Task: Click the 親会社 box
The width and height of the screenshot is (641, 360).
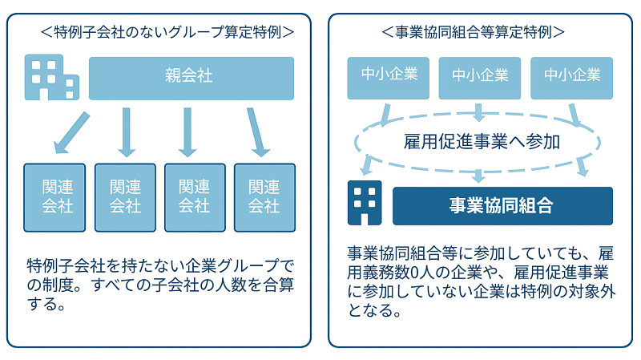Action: coord(191,78)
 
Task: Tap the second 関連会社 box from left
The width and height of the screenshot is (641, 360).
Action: coord(125,197)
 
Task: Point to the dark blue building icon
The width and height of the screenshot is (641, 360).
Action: coord(364,204)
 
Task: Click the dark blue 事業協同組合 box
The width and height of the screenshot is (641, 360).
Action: coord(502,205)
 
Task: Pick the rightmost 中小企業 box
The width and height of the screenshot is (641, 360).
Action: coord(571,76)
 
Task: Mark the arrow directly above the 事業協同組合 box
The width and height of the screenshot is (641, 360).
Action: coord(479,175)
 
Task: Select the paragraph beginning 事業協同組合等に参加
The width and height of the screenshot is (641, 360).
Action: coord(481,280)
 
